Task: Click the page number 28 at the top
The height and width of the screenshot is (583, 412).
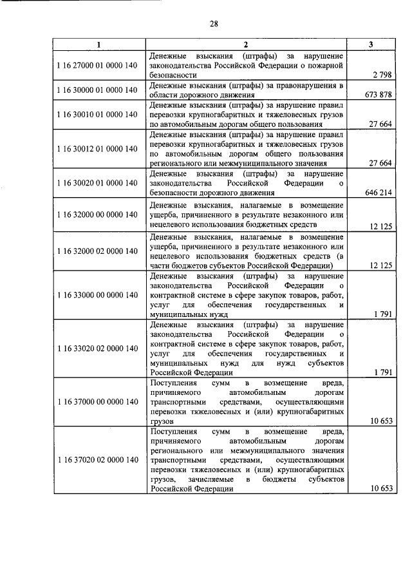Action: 214,24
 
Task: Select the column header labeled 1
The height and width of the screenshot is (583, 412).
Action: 98,44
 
